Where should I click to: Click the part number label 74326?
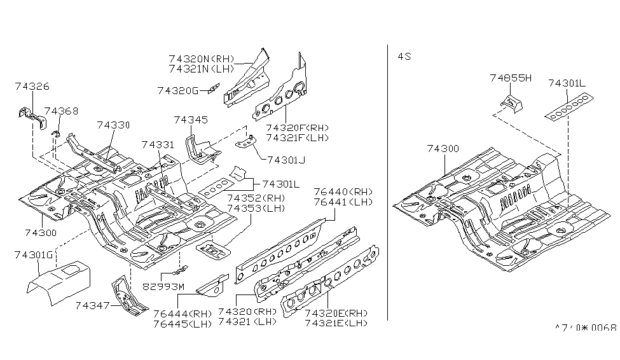tap(32, 87)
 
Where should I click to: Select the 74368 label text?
tap(61, 111)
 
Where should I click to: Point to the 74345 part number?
tap(191, 120)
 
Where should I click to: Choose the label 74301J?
tap(286, 160)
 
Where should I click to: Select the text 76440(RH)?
tap(342, 192)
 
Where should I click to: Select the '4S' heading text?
tap(404, 56)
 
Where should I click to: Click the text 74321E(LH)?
tap(336, 323)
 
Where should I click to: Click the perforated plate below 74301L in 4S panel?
tap(570, 104)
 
